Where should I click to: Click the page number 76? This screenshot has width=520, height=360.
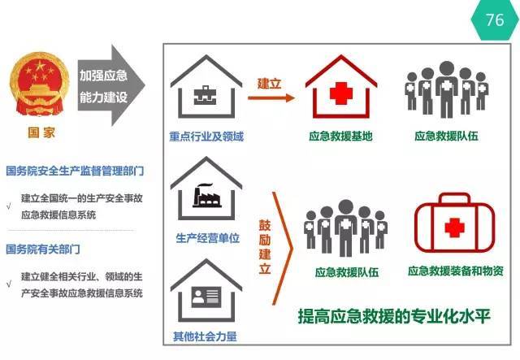point(495,20)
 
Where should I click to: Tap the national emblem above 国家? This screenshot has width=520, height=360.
point(40,85)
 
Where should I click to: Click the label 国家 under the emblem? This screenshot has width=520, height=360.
point(41,132)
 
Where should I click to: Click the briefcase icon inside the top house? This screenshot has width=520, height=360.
point(205,95)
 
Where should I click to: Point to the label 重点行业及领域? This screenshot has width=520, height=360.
point(206,137)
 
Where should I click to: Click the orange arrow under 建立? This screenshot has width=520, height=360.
point(271,98)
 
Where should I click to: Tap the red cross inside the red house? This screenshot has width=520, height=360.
point(341,93)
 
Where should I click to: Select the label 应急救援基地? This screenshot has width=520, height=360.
point(341,136)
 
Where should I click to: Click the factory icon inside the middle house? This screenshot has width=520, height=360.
point(207,196)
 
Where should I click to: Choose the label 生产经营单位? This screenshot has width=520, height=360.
point(207,238)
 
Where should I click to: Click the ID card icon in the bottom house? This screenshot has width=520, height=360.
point(206,297)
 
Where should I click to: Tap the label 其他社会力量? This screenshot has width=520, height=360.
point(205,336)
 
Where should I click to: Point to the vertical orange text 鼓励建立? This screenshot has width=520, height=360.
point(265,247)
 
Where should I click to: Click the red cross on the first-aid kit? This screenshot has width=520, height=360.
point(454,228)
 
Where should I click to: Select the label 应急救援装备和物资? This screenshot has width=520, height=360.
point(456,271)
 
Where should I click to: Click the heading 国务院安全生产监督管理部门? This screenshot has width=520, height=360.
point(75,171)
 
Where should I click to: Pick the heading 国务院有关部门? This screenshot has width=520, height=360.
point(43,249)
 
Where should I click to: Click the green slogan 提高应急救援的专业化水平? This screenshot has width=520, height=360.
point(394,316)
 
